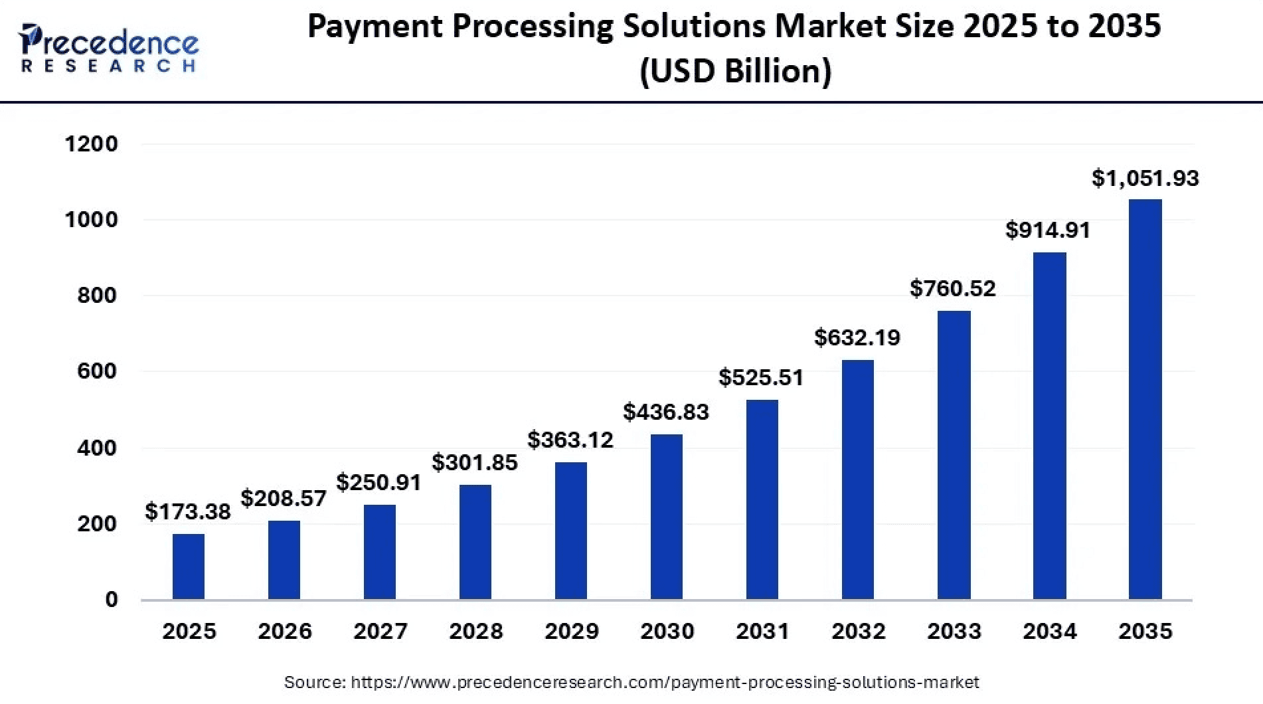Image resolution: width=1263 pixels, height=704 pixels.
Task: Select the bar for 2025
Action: pos(189,567)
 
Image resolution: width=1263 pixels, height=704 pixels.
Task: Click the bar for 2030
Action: pos(666,517)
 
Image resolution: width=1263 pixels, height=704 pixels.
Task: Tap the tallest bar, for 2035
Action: pos(1145,399)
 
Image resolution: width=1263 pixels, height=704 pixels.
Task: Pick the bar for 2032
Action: pos(857,480)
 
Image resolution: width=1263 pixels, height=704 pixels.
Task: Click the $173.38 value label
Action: pos(188,511)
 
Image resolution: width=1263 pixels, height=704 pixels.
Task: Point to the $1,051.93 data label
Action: pos(1145,178)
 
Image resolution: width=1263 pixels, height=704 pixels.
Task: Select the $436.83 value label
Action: pos(666,412)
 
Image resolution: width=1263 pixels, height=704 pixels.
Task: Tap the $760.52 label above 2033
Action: pos(953,288)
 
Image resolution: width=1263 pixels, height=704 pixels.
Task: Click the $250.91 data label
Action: pos(379,482)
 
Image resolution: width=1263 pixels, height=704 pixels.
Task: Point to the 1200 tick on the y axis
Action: pos(91,143)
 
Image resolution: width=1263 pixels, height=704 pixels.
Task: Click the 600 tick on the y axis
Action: pos(97,371)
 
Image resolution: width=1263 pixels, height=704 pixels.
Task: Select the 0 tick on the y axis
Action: pos(111,599)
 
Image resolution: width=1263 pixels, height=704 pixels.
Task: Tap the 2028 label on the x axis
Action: pos(475,631)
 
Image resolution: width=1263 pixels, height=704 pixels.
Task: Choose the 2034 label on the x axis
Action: pos(1049,631)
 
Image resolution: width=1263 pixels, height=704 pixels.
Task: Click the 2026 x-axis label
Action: pos(285,631)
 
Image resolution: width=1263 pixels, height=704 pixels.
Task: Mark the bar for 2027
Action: pos(379,552)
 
